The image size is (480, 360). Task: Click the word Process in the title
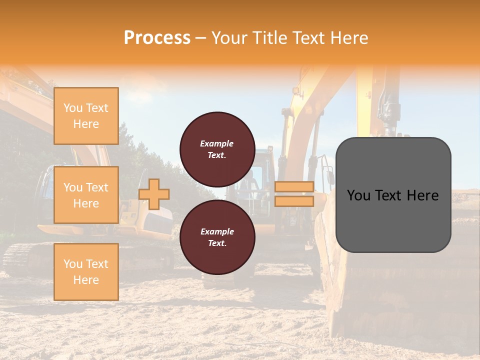click(157, 38)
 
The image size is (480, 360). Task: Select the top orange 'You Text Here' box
click(86, 116)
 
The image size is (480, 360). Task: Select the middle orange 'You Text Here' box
click(86, 195)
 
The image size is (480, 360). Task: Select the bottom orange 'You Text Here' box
click(86, 271)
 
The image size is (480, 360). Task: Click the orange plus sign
click(154, 194)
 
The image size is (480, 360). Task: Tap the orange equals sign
click(294, 194)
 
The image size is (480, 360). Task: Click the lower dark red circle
click(217, 237)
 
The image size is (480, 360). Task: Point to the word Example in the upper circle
click(216, 143)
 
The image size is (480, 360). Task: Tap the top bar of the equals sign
click(294, 186)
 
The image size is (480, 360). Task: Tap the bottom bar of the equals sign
click(294, 201)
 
